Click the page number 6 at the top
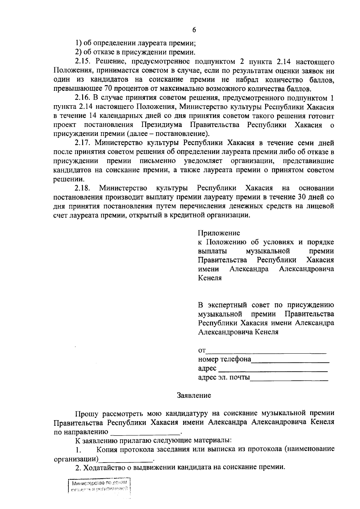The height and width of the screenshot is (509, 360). click(193, 30)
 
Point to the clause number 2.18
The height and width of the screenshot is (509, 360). click(82, 188)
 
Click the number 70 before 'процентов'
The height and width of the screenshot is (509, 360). click(108, 89)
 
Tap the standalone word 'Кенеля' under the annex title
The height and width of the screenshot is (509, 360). click(210, 278)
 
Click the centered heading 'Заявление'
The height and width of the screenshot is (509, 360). click(194, 395)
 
